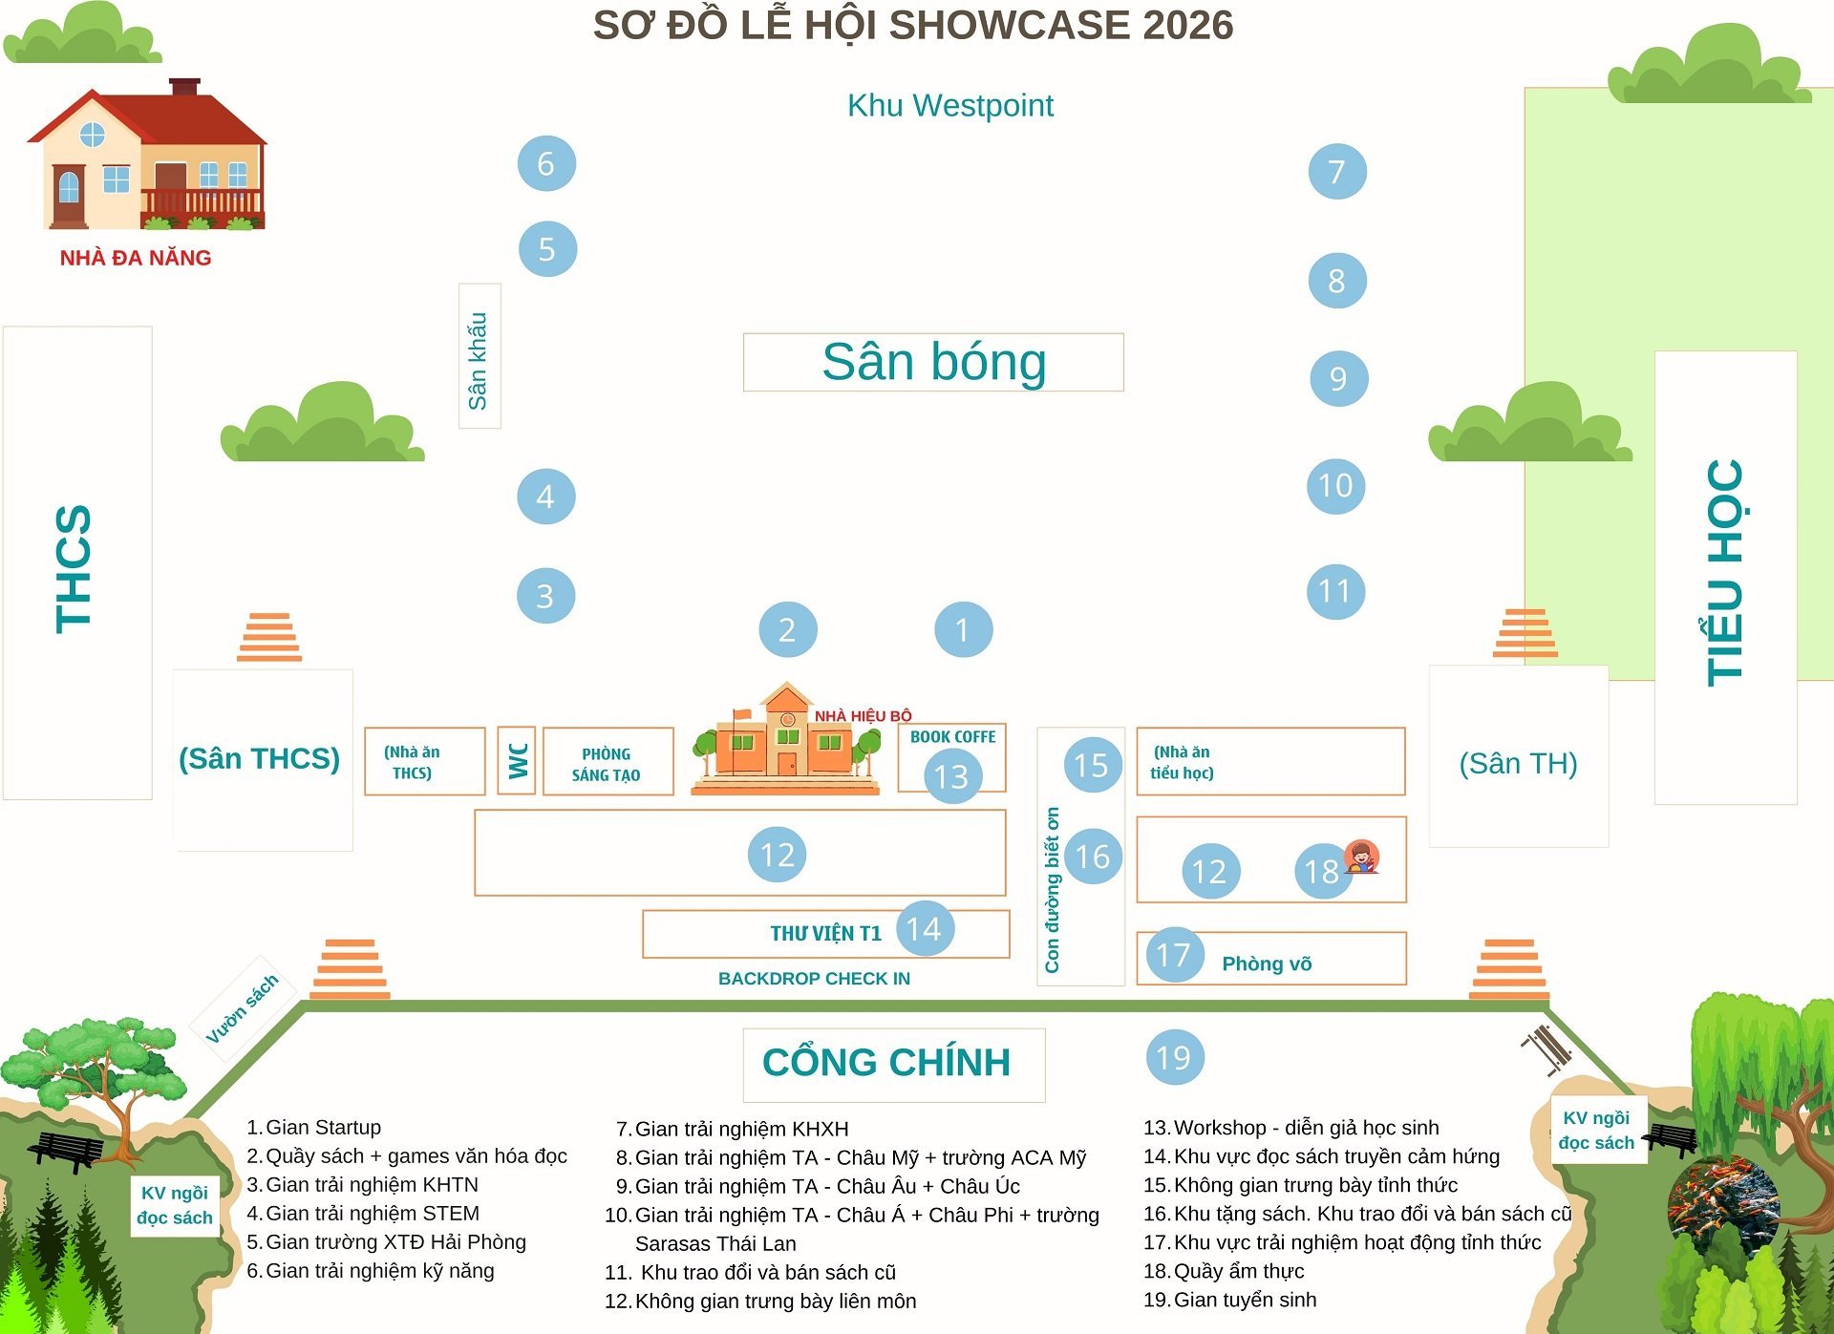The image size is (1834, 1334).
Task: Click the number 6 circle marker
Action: point(546,163)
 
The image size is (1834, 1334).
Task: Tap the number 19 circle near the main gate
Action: point(1174,1057)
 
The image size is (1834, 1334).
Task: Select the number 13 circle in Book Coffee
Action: point(952,776)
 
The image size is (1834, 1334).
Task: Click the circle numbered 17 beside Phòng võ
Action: point(1174,954)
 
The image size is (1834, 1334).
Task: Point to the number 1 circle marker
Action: point(963,629)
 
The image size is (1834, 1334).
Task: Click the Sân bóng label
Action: point(933,362)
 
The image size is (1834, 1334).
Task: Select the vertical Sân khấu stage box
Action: point(480,356)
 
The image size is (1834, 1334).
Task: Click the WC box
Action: point(517,761)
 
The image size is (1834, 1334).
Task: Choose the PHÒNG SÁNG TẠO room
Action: point(608,762)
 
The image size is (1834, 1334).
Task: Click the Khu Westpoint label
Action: point(949,106)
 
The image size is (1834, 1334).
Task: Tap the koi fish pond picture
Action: point(1723,1207)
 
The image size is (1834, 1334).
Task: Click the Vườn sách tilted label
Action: point(244,1008)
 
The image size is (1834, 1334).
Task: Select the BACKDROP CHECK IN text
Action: point(814,979)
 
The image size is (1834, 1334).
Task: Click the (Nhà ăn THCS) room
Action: point(424,762)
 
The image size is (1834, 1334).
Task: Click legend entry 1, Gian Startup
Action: point(314,1128)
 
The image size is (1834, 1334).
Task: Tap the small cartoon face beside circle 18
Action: point(1361,856)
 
